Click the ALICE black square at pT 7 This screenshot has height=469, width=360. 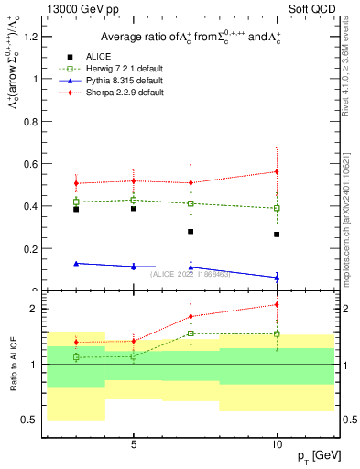coord(191,232)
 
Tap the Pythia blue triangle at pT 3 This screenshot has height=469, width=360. coord(76,263)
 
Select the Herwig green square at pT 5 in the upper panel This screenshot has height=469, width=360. coord(134,200)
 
